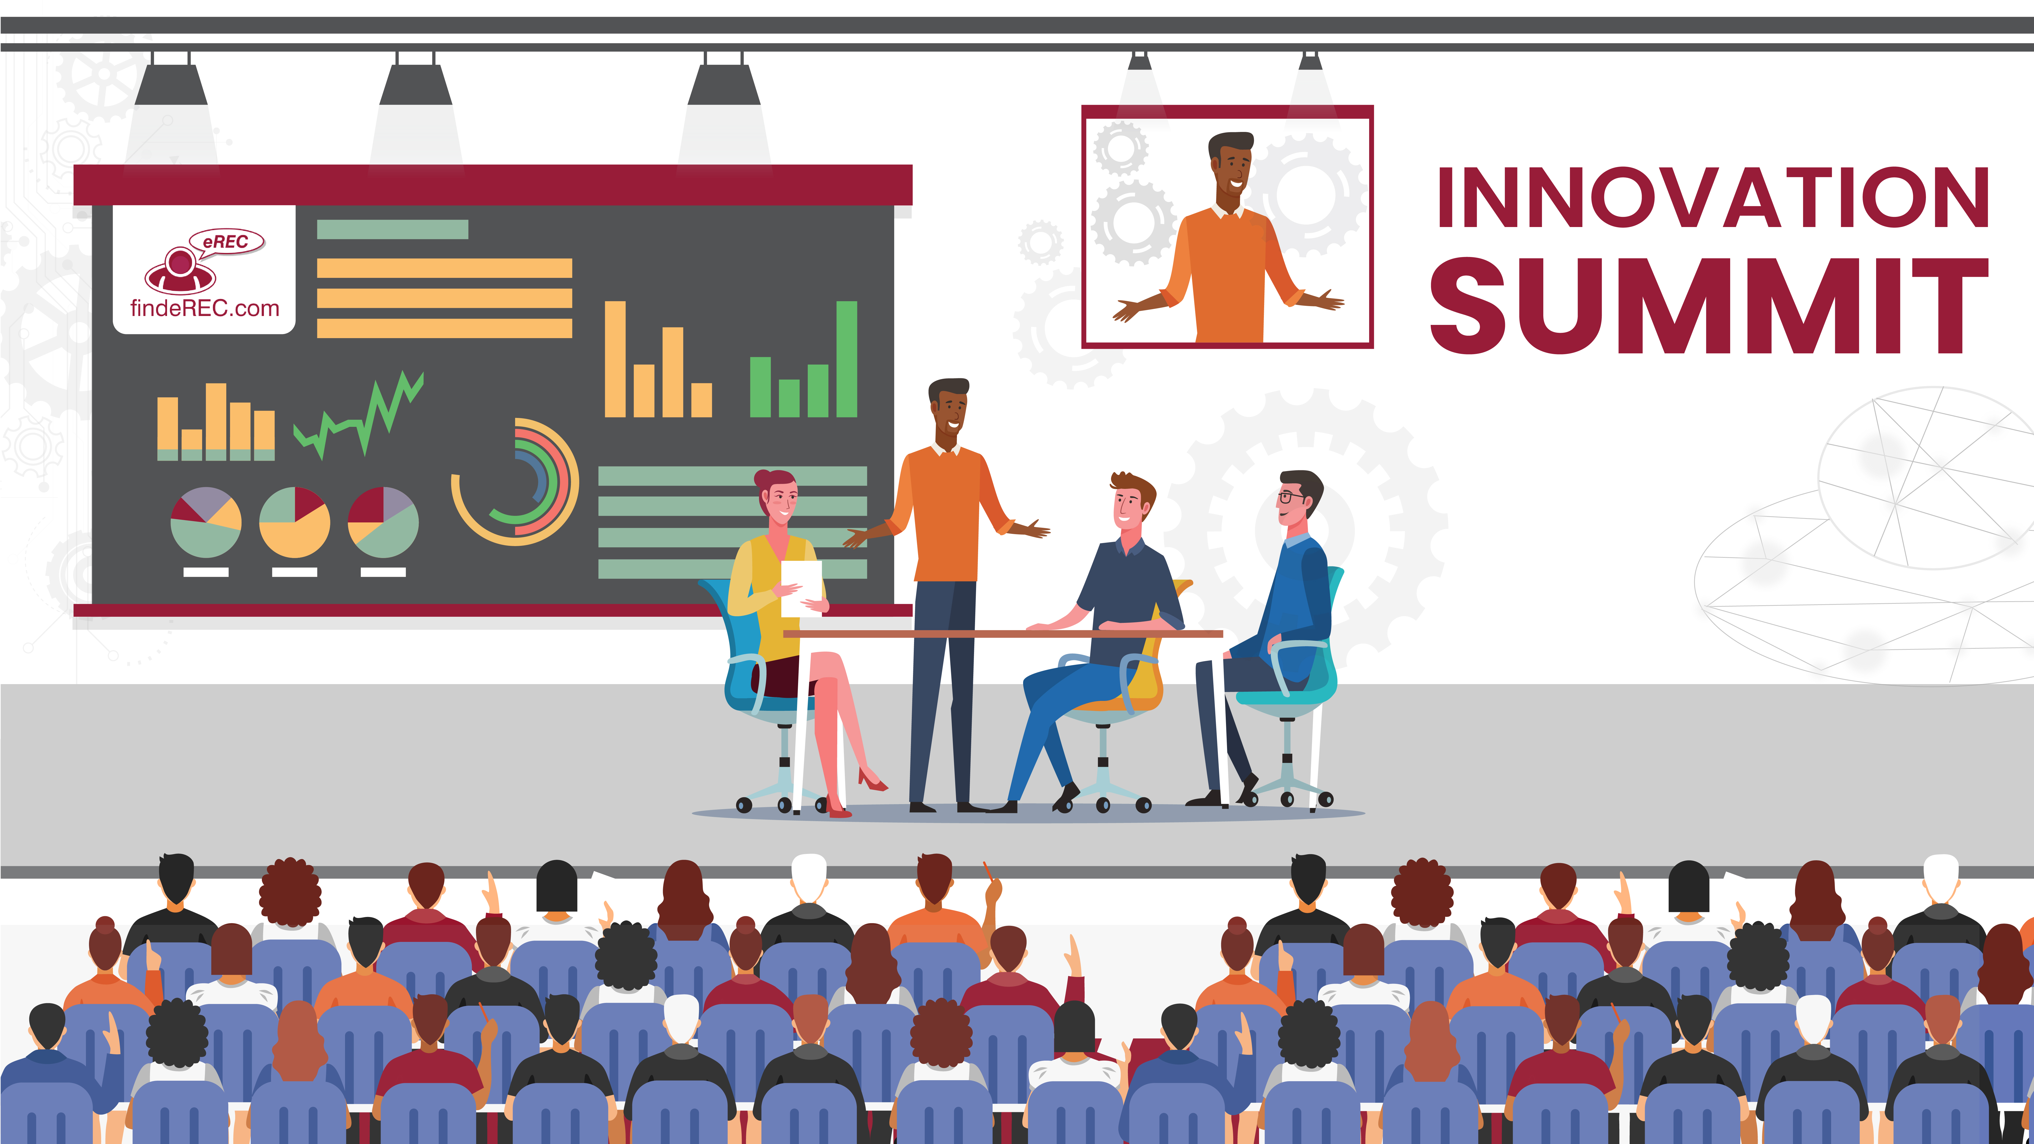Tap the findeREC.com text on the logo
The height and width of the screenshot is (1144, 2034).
[204, 308]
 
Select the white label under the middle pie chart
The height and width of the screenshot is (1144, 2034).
[294, 571]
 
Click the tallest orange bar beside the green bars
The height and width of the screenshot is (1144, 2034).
[615, 359]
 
